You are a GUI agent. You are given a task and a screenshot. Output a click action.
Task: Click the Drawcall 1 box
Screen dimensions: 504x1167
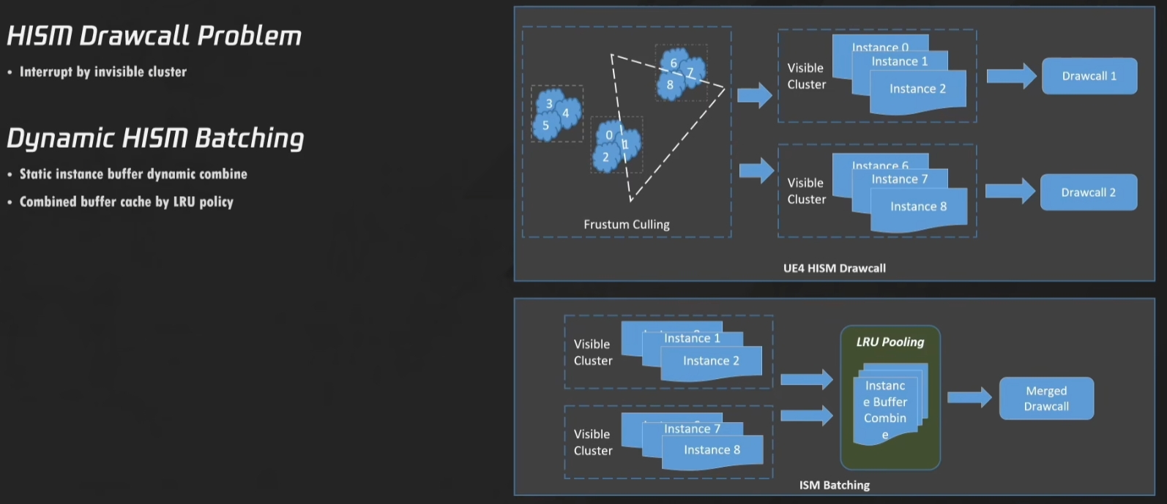pos(1089,76)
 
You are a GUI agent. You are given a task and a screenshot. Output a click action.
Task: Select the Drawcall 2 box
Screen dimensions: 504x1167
pos(1088,192)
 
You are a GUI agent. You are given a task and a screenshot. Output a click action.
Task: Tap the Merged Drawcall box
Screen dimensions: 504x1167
pos(1045,399)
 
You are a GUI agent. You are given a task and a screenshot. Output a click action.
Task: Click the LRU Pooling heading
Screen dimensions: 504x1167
pos(890,342)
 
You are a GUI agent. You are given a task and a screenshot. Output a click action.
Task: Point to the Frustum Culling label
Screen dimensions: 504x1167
pos(626,225)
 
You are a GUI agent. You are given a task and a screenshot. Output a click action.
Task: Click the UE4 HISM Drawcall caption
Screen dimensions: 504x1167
pos(834,268)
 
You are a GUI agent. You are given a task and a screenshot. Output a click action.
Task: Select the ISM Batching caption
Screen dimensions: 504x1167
pos(834,485)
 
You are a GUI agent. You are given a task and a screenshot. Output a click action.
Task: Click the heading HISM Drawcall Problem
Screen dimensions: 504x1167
pos(154,36)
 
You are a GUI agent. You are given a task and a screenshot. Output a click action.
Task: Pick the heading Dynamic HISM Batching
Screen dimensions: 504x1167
pos(155,138)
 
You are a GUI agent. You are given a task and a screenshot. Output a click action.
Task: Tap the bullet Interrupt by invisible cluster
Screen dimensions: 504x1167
pos(102,72)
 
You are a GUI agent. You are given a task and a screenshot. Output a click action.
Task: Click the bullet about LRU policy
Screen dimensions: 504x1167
pos(126,202)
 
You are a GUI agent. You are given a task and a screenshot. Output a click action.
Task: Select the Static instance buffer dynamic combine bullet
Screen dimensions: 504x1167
pos(133,174)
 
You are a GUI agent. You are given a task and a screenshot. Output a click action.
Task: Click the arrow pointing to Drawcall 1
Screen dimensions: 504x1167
pos(1011,76)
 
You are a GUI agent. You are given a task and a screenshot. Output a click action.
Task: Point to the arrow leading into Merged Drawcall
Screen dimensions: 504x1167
pos(969,397)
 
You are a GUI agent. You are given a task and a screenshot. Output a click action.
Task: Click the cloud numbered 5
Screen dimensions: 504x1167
pos(545,127)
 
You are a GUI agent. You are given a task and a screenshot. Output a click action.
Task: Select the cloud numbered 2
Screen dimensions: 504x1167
pos(605,158)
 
